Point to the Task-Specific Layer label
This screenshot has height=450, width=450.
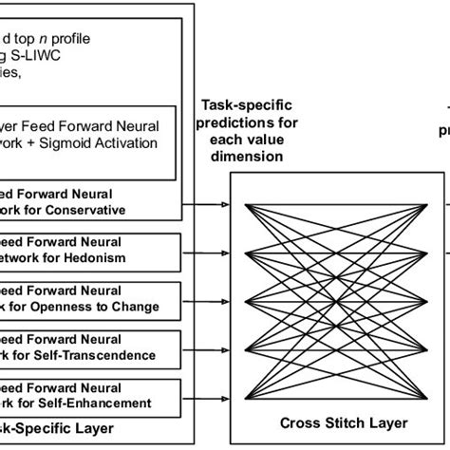click(x=66, y=429)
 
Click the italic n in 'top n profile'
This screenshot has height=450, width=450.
click(x=59, y=38)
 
